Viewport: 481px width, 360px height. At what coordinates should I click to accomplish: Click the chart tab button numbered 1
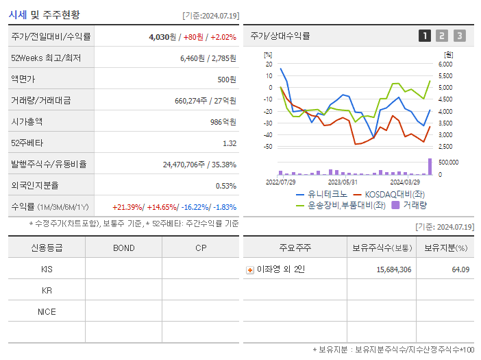(x=425, y=36)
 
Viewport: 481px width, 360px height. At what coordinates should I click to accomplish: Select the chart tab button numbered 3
(x=459, y=36)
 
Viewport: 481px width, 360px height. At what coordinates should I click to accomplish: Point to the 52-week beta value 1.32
(x=230, y=143)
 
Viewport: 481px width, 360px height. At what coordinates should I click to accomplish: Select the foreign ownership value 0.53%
(x=225, y=185)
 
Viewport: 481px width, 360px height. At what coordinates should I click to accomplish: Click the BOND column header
(x=123, y=248)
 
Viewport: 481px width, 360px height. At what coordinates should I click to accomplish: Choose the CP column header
(x=201, y=248)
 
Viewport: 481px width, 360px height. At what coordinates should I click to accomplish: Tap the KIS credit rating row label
(x=47, y=269)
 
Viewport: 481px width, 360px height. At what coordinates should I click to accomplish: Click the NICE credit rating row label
(x=47, y=312)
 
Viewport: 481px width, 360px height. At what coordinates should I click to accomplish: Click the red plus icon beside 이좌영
(x=250, y=270)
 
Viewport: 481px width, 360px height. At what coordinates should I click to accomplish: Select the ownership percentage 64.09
(x=461, y=270)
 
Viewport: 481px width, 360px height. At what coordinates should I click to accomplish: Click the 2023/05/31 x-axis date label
(x=343, y=182)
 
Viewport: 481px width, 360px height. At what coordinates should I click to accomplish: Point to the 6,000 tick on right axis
(x=445, y=64)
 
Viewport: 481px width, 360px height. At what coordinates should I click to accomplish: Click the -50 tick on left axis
(x=268, y=147)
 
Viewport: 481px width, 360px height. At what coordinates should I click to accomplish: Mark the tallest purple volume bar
(x=430, y=167)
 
